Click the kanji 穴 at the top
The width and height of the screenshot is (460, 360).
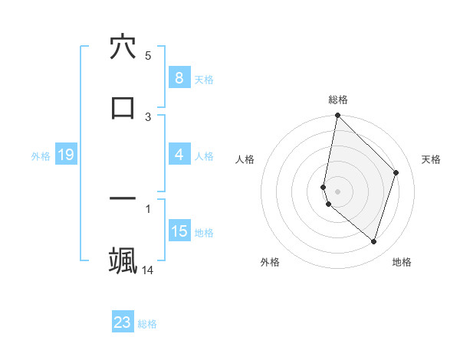(123, 48)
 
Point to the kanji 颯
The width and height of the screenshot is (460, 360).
(123, 260)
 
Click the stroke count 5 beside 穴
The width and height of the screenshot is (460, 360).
(148, 55)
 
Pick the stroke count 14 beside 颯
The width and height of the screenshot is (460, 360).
(148, 270)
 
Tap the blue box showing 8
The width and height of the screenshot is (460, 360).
(179, 77)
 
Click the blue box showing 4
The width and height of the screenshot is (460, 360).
(179, 155)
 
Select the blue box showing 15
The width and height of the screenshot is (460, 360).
(179, 231)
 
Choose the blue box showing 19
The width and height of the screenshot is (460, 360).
(65, 155)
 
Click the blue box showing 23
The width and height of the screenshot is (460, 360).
(123, 322)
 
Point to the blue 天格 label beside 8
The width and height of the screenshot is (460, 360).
(204, 79)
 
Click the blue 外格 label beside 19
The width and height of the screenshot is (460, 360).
(41, 156)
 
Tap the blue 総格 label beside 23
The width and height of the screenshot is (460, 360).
(147, 324)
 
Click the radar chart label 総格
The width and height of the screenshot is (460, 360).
(337, 100)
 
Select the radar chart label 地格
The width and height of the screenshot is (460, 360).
(402, 262)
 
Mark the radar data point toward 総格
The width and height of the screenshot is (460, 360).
(337, 115)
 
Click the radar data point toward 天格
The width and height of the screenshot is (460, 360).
(396, 172)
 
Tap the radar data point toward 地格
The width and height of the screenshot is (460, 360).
(373, 241)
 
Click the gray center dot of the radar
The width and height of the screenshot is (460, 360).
(337, 191)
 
